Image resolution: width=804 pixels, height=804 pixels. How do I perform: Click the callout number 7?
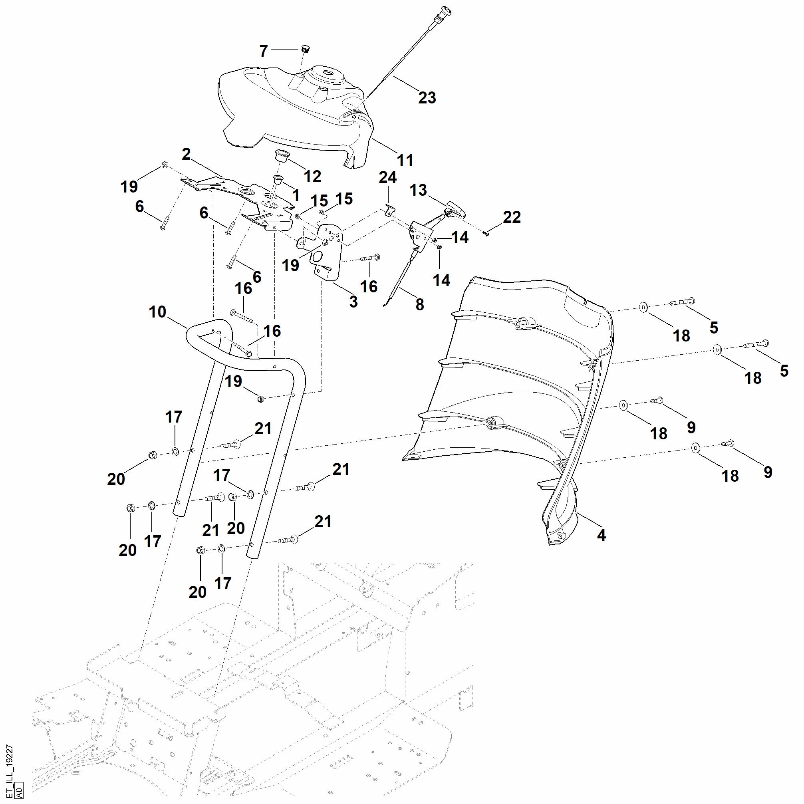pyautogui.click(x=264, y=51)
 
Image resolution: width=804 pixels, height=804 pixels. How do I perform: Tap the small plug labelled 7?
pyautogui.click(x=306, y=49)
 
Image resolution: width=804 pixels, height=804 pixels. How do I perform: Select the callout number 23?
pyautogui.click(x=427, y=98)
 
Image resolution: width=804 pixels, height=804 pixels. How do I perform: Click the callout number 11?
pyautogui.click(x=405, y=160)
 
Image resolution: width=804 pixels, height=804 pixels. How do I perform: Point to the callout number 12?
pyautogui.click(x=312, y=177)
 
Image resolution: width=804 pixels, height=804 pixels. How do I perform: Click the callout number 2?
pyautogui.click(x=186, y=155)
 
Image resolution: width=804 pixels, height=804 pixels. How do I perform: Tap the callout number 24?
pyautogui.click(x=387, y=178)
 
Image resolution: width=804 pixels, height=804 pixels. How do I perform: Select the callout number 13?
pyautogui.click(x=418, y=190)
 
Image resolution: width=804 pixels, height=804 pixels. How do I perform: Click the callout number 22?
pyautogui.click(x=512, y=217)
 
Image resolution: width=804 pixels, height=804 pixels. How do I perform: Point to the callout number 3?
pyautogui.click(x=353, y=302)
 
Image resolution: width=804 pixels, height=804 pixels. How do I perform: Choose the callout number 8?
pyautogui.click(x=419, y=305)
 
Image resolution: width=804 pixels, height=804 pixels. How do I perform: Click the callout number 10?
pyautogui.click(x=157, y=312)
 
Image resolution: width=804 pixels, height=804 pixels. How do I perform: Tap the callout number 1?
pyautogui.click(x=296, y=195)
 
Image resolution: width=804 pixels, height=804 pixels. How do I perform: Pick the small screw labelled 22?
pyautogui.click(x=487, y=233)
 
